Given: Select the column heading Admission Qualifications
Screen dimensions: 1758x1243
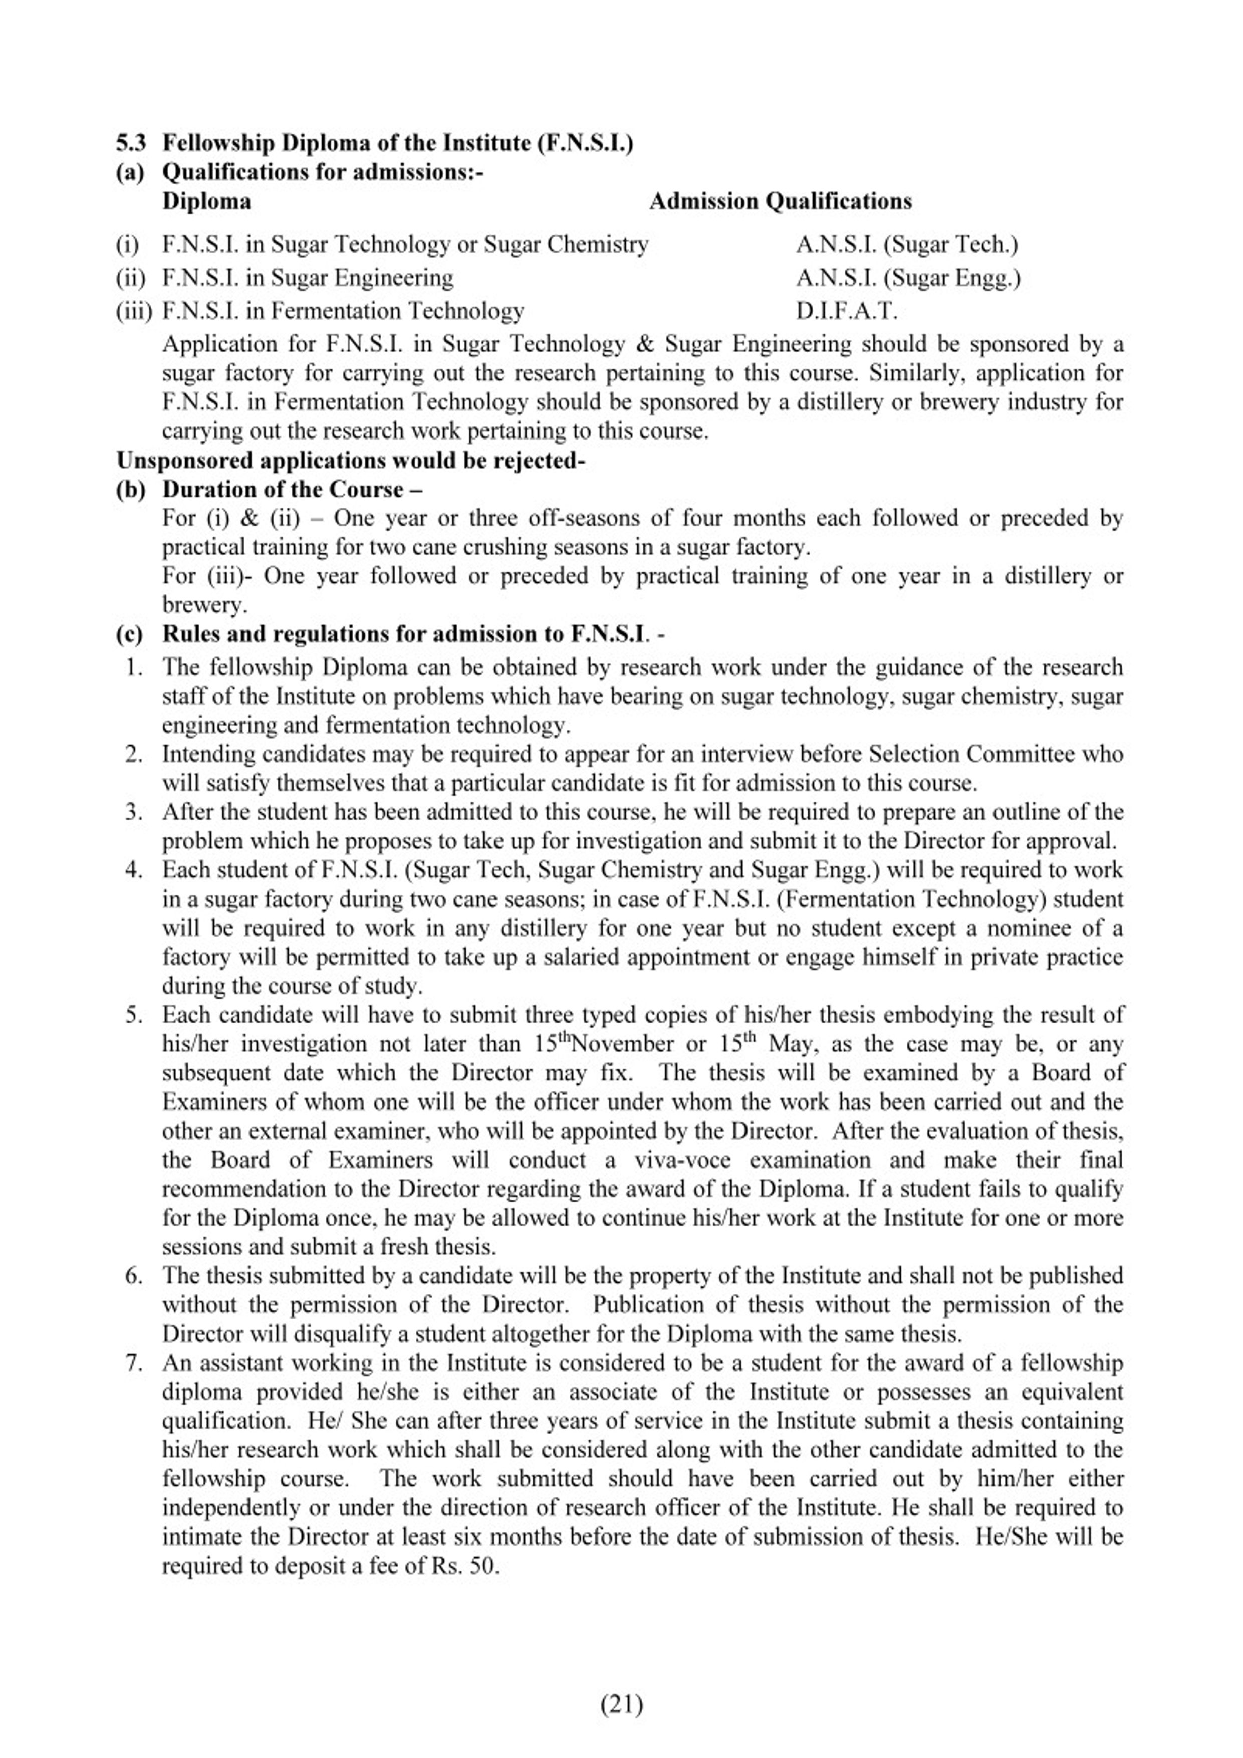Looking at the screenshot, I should coord(780,201).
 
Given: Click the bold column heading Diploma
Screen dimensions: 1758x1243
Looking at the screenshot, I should coord(206,201).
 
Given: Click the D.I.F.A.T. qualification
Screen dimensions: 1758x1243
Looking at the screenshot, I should coord(846,311).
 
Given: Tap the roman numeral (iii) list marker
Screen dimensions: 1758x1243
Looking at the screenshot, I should coord(134,311).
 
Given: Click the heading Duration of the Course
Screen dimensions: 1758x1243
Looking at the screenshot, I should coord(293,489).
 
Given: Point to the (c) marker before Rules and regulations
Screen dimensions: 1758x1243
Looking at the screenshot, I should coord(130,634).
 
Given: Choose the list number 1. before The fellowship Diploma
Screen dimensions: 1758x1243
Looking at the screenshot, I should coord(135,667).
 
